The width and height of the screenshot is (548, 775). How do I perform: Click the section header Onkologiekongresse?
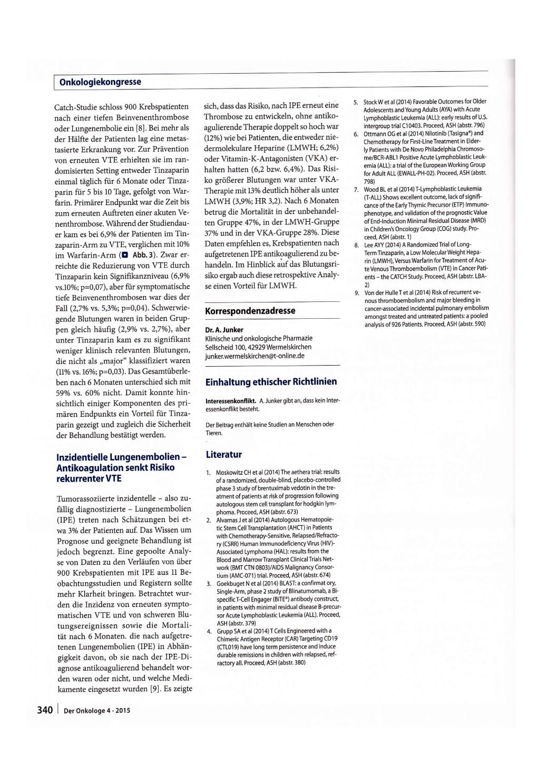[x=100, y=82]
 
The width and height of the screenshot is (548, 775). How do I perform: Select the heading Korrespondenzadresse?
[x=250, y=310]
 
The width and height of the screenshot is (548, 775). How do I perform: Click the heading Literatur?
[x=223, y=454]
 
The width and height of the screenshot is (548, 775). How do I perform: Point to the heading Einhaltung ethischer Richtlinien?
[x=271, y=381]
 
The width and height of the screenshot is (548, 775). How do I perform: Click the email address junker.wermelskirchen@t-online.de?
[x=255, y=356]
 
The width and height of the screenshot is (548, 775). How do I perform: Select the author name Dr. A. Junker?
[x=224, y=330]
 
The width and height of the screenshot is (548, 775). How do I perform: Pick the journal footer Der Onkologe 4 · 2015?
[x=96, y=711]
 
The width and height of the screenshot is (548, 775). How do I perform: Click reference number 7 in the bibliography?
[x=356, y=189]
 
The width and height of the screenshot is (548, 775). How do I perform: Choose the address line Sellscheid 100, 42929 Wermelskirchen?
[x=258, y=347]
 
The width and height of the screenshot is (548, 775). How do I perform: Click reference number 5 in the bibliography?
[x=356, y=101]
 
